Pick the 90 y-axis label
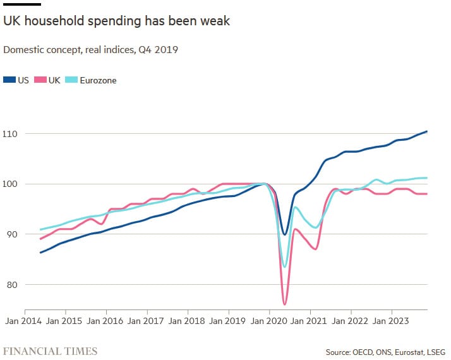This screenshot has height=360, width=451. click(11, 234)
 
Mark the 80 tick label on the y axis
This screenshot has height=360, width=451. click(11, 284)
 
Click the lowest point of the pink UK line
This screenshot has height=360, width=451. click(285, 304)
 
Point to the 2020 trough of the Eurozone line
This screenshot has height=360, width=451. click(285, 267)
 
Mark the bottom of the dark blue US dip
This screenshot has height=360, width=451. click(285, 234)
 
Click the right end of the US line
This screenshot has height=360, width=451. click(427, 131)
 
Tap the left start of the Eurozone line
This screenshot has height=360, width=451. click(40, 229)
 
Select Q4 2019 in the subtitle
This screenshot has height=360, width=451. click(158, 49)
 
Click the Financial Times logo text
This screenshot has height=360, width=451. click(51, 351)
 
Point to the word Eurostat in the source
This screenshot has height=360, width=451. click(402, 351)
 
